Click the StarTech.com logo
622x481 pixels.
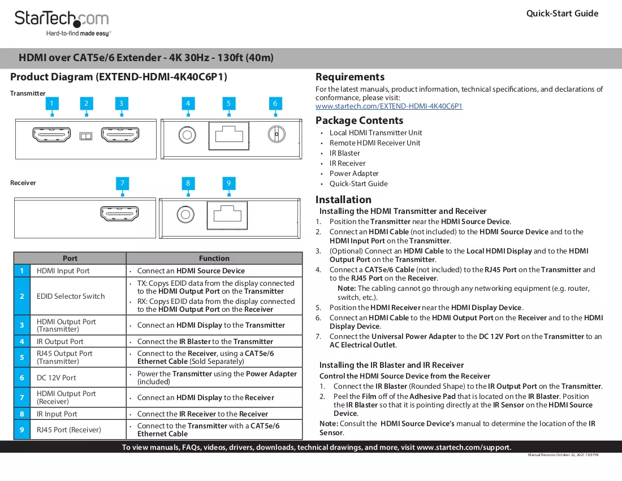[62, 23]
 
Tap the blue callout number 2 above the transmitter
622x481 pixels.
[86, 104]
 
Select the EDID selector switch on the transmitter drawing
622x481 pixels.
[86, 136]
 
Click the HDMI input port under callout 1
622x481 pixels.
[51, 135]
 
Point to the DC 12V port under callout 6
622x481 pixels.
[277, 134]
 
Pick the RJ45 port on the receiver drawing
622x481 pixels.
[227, 215]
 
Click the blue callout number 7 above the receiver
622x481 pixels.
[123, 183]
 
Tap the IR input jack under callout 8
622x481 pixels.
[185, 214]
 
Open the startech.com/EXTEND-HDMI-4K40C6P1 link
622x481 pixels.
[389, 106]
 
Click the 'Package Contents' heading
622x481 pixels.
[360, 120]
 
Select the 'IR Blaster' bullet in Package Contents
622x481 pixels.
[344, 153]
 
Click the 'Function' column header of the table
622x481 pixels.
[214, 259]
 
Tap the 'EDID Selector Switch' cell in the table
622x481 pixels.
[71, 296]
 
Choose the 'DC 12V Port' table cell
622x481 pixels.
[57, 378]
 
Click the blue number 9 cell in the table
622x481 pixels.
[22, 430]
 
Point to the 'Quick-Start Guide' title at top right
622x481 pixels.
[562, 14]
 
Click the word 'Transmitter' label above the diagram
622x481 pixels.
[28, 93]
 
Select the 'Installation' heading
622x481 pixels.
[344, 200]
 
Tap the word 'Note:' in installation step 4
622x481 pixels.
[347, 289]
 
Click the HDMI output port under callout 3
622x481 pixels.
[120, 135]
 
